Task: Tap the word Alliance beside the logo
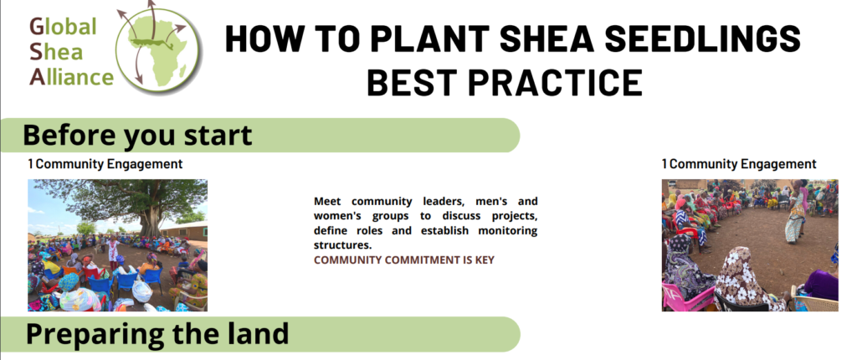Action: pos(71,78)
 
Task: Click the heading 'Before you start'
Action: pos(138,135)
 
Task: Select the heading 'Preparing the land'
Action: pos(157,333)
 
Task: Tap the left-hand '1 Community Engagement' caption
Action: pos(105,164)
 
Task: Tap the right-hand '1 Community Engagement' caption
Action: pos(738,164)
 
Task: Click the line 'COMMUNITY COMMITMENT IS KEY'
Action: pos(403,260)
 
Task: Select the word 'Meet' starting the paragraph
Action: pos(329,202)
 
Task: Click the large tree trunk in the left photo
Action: pos(151,222)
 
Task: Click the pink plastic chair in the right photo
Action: pos(683,297)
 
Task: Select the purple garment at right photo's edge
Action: pos(822,284)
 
